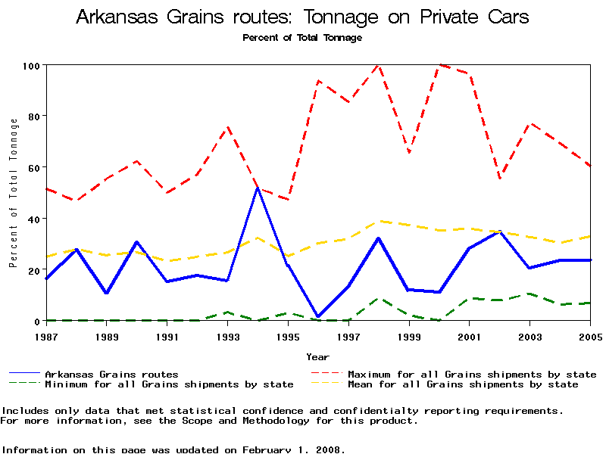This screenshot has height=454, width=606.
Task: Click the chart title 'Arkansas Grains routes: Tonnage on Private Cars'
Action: tap(302, 17)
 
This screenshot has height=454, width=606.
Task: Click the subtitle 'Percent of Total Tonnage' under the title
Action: tap(302, 37)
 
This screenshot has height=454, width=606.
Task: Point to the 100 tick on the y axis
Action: tap(30, 65)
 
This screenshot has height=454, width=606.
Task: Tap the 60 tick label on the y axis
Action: tap(33, 167)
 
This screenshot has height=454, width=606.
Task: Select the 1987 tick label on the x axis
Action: tap(46, 335)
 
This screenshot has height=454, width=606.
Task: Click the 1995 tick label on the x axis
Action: tap(288, 335)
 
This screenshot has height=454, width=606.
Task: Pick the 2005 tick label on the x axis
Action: tap(590, 335)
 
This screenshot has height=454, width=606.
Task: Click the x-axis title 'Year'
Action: tap(317, 356)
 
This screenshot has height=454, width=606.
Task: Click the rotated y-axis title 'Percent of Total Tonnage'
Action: tap(13, 192)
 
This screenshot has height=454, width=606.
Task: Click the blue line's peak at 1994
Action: tap(258, 188)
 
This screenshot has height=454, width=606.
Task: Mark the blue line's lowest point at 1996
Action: tap(318, 316)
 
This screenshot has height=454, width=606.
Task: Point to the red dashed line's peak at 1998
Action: tap(378, 65)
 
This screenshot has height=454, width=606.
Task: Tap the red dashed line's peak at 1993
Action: tap(227, 126)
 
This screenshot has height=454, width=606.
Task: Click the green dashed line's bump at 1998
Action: tap(378, 298)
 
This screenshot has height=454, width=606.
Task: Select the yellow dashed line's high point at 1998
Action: tap(378, 221)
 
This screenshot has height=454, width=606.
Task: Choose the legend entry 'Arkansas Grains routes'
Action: tap(111, 374)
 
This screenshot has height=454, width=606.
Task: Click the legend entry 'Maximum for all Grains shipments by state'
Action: tap(471, 374)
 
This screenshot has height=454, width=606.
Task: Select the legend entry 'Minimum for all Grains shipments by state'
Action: tap(169, 384)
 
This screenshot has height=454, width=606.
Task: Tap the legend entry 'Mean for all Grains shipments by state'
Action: tap(462, 384)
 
